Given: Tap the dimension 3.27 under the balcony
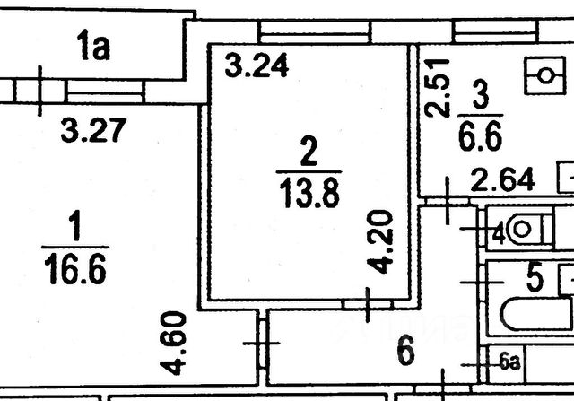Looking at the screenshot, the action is click(91, 131).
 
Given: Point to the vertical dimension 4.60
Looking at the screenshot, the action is click(176, 342).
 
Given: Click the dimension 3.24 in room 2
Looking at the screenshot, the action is click(256, 67).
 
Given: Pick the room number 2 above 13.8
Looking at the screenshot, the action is click(308, 153).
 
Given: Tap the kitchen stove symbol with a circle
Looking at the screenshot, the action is click(544, 76).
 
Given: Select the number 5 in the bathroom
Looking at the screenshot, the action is click(535, 279).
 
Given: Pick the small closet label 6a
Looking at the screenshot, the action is click(510, 362).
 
